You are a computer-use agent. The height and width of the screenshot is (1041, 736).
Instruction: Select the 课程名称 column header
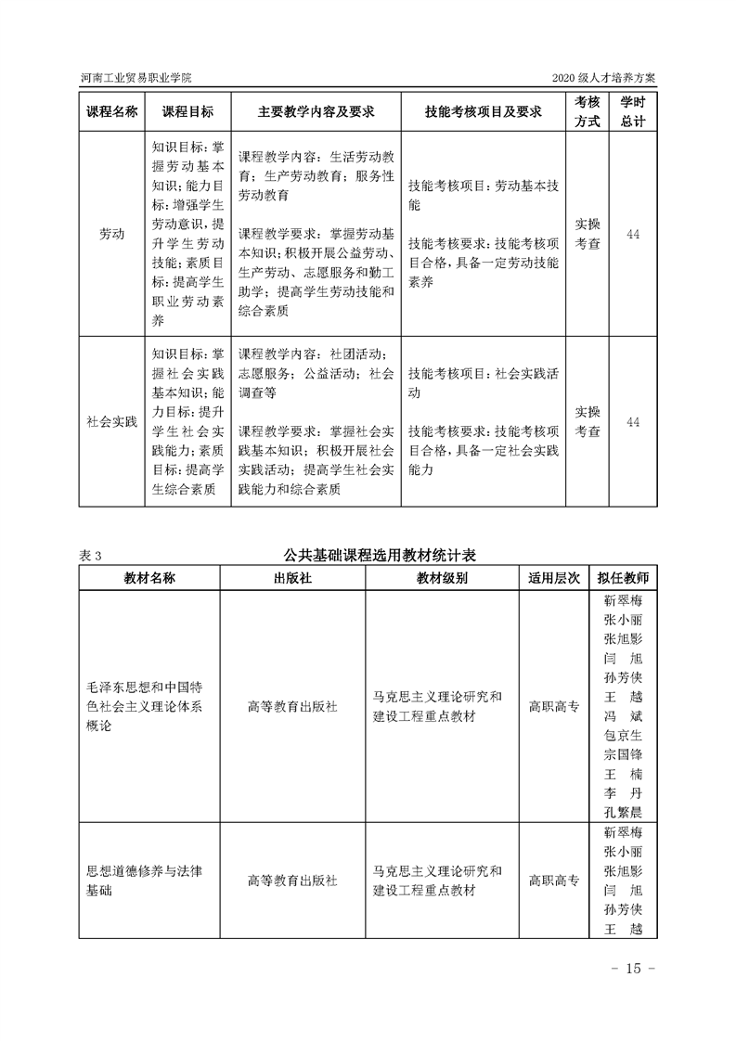(x=112, y=111)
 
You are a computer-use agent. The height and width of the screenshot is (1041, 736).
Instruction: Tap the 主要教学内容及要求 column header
(x=316, y=111)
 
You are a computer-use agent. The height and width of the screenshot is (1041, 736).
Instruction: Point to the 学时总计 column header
(x=633, y=111)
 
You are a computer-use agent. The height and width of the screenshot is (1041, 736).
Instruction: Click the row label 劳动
(x=112, y=235)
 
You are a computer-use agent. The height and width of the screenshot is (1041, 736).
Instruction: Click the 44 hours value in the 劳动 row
(x=633, y=235)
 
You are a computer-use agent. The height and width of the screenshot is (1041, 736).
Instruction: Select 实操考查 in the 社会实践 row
(x=588, y=422)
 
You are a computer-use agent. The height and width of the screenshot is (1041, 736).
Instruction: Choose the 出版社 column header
(x=292, y=577)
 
